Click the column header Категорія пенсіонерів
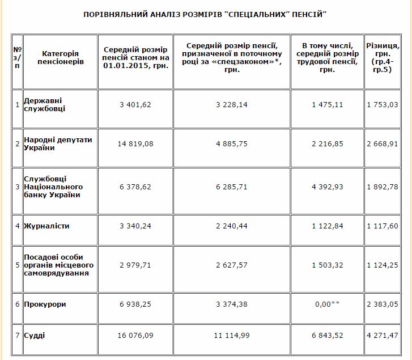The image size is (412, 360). [x=60, y=57]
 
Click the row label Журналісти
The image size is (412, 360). [x=46, y=226]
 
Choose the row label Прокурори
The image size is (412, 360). [x=45, y=304]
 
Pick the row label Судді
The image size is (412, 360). [x=35, y=336]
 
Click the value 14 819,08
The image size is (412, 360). [x=135, y=144]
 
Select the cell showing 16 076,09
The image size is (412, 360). [x=135, y=336]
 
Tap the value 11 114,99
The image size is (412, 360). [x=231, y=336]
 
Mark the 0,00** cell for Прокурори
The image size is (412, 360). [x=328, y=304]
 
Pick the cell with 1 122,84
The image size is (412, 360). [x=328, y=226]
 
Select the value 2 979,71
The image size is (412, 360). [x=135, y=265]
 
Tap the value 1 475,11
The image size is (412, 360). [x=328, y=105]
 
